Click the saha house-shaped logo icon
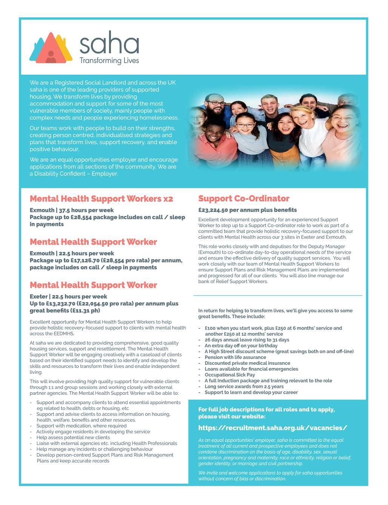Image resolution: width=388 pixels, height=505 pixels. pos(51,48)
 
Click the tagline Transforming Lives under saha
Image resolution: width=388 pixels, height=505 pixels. pos(109,61)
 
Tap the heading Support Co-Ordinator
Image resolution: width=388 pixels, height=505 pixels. pos(244,199)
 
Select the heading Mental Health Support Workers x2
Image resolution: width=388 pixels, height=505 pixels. pos(101,199)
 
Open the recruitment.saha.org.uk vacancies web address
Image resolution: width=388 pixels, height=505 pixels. pos(273,428)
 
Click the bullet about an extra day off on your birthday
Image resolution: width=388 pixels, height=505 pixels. pos(241,345)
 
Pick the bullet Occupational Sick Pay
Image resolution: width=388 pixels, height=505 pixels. pos(229,375)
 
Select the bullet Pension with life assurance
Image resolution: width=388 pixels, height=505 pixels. pos(235,357)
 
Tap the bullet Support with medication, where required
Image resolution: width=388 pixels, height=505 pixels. pos(81,426)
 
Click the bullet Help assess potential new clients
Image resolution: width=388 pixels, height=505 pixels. pos(73,437)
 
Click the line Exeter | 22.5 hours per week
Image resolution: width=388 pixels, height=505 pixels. pos(68,296)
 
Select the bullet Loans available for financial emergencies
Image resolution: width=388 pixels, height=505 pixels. pos(251,369)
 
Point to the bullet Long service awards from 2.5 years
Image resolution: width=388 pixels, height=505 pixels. pos(244,387)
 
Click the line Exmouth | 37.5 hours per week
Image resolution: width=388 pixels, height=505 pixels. pos(72,210)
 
